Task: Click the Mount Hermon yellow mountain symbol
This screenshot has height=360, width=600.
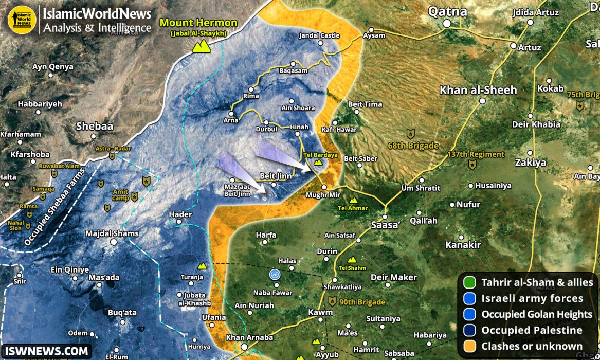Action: (x=199, y=47)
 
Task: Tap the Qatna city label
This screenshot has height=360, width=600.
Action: (x=448, y=11)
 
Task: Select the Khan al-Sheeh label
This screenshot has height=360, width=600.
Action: (x=478, y=90)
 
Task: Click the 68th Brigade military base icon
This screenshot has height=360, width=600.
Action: (x=410, y=133)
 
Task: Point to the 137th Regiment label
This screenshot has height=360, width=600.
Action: (x=476, y=154)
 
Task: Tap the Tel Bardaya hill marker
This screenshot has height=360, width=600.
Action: (x=318, y=162)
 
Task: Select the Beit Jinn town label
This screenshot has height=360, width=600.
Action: (x=276, y=176)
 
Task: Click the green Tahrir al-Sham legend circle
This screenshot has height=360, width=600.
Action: (x=469, y=282)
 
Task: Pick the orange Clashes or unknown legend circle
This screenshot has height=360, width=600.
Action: (x=469, y=346)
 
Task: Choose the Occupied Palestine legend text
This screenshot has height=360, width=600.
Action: (x=532, y=330)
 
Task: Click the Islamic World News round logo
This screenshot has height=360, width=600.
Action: (x=22, y=20)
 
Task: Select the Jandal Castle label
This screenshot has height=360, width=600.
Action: (x=319, y=35)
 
